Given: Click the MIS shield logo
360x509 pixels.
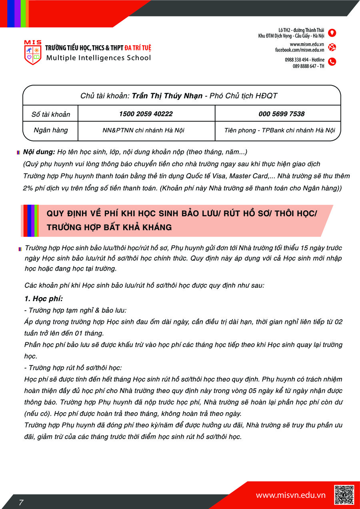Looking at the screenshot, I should [x=33, y=52].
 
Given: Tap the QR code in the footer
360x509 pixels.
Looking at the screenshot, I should [x=344, y=495].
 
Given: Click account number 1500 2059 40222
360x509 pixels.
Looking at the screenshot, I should [x=146, y=114].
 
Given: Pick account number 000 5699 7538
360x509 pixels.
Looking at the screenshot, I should [x=282, y=114].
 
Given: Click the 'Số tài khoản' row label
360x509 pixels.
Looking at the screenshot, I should [x=51, y=114].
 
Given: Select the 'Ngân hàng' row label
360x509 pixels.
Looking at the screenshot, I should [x=51, y=130].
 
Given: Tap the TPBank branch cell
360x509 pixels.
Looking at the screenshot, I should [x=280, y=130].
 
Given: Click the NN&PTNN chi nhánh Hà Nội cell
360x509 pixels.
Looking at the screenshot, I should [x=144, y=130].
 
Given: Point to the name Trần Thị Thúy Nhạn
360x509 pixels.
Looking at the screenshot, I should [x=167, y=96].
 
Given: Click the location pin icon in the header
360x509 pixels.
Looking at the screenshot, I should [x=332, y=33].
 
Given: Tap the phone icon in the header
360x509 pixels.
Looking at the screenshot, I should [x=332, y=62].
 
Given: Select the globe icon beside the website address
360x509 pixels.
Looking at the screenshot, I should [x=332, y=47].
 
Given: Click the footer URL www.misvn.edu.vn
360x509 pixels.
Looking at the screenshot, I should [x=291, y=495].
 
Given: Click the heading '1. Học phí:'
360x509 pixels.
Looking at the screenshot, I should [x=44, y=299].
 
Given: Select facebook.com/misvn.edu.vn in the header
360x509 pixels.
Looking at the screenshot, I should [x=300, y=50].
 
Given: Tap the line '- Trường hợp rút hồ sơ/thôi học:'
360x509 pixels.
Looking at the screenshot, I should [x=73, y=367].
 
